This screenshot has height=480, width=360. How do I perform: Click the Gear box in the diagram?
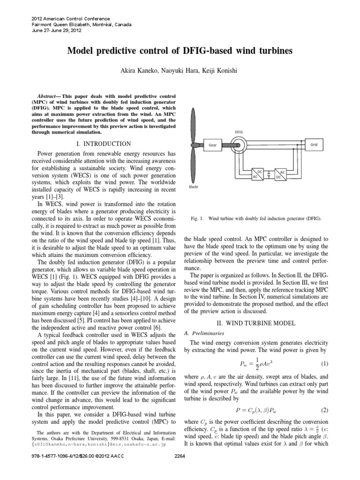[x=212, y=145]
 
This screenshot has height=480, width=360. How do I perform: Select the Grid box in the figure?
[x=314, y=145]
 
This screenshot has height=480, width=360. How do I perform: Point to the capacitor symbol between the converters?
[x=268, y=175]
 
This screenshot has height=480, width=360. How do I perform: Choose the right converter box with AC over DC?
[x=280, y=174]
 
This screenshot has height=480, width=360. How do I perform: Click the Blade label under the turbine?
[x=194, y=186]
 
